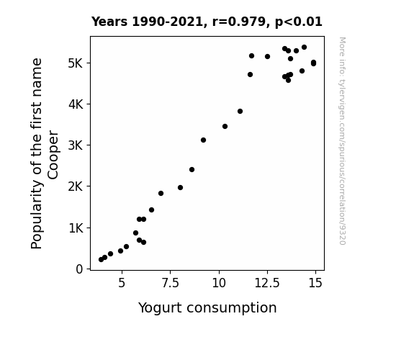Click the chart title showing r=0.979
207,22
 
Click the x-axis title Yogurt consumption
207,308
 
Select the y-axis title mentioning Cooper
45,153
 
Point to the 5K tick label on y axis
76,63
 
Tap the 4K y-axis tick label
76,104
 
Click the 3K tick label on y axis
76,145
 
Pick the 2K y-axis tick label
76,186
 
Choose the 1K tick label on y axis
76,228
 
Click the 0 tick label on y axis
79,269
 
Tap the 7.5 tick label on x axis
171,283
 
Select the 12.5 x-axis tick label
267,283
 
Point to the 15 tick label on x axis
315,283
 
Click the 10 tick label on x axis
219,283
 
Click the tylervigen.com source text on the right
342,141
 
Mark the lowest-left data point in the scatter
101,260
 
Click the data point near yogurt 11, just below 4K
240,111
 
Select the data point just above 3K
203,140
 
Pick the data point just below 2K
180,187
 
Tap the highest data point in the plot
304,48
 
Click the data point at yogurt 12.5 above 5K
267,57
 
